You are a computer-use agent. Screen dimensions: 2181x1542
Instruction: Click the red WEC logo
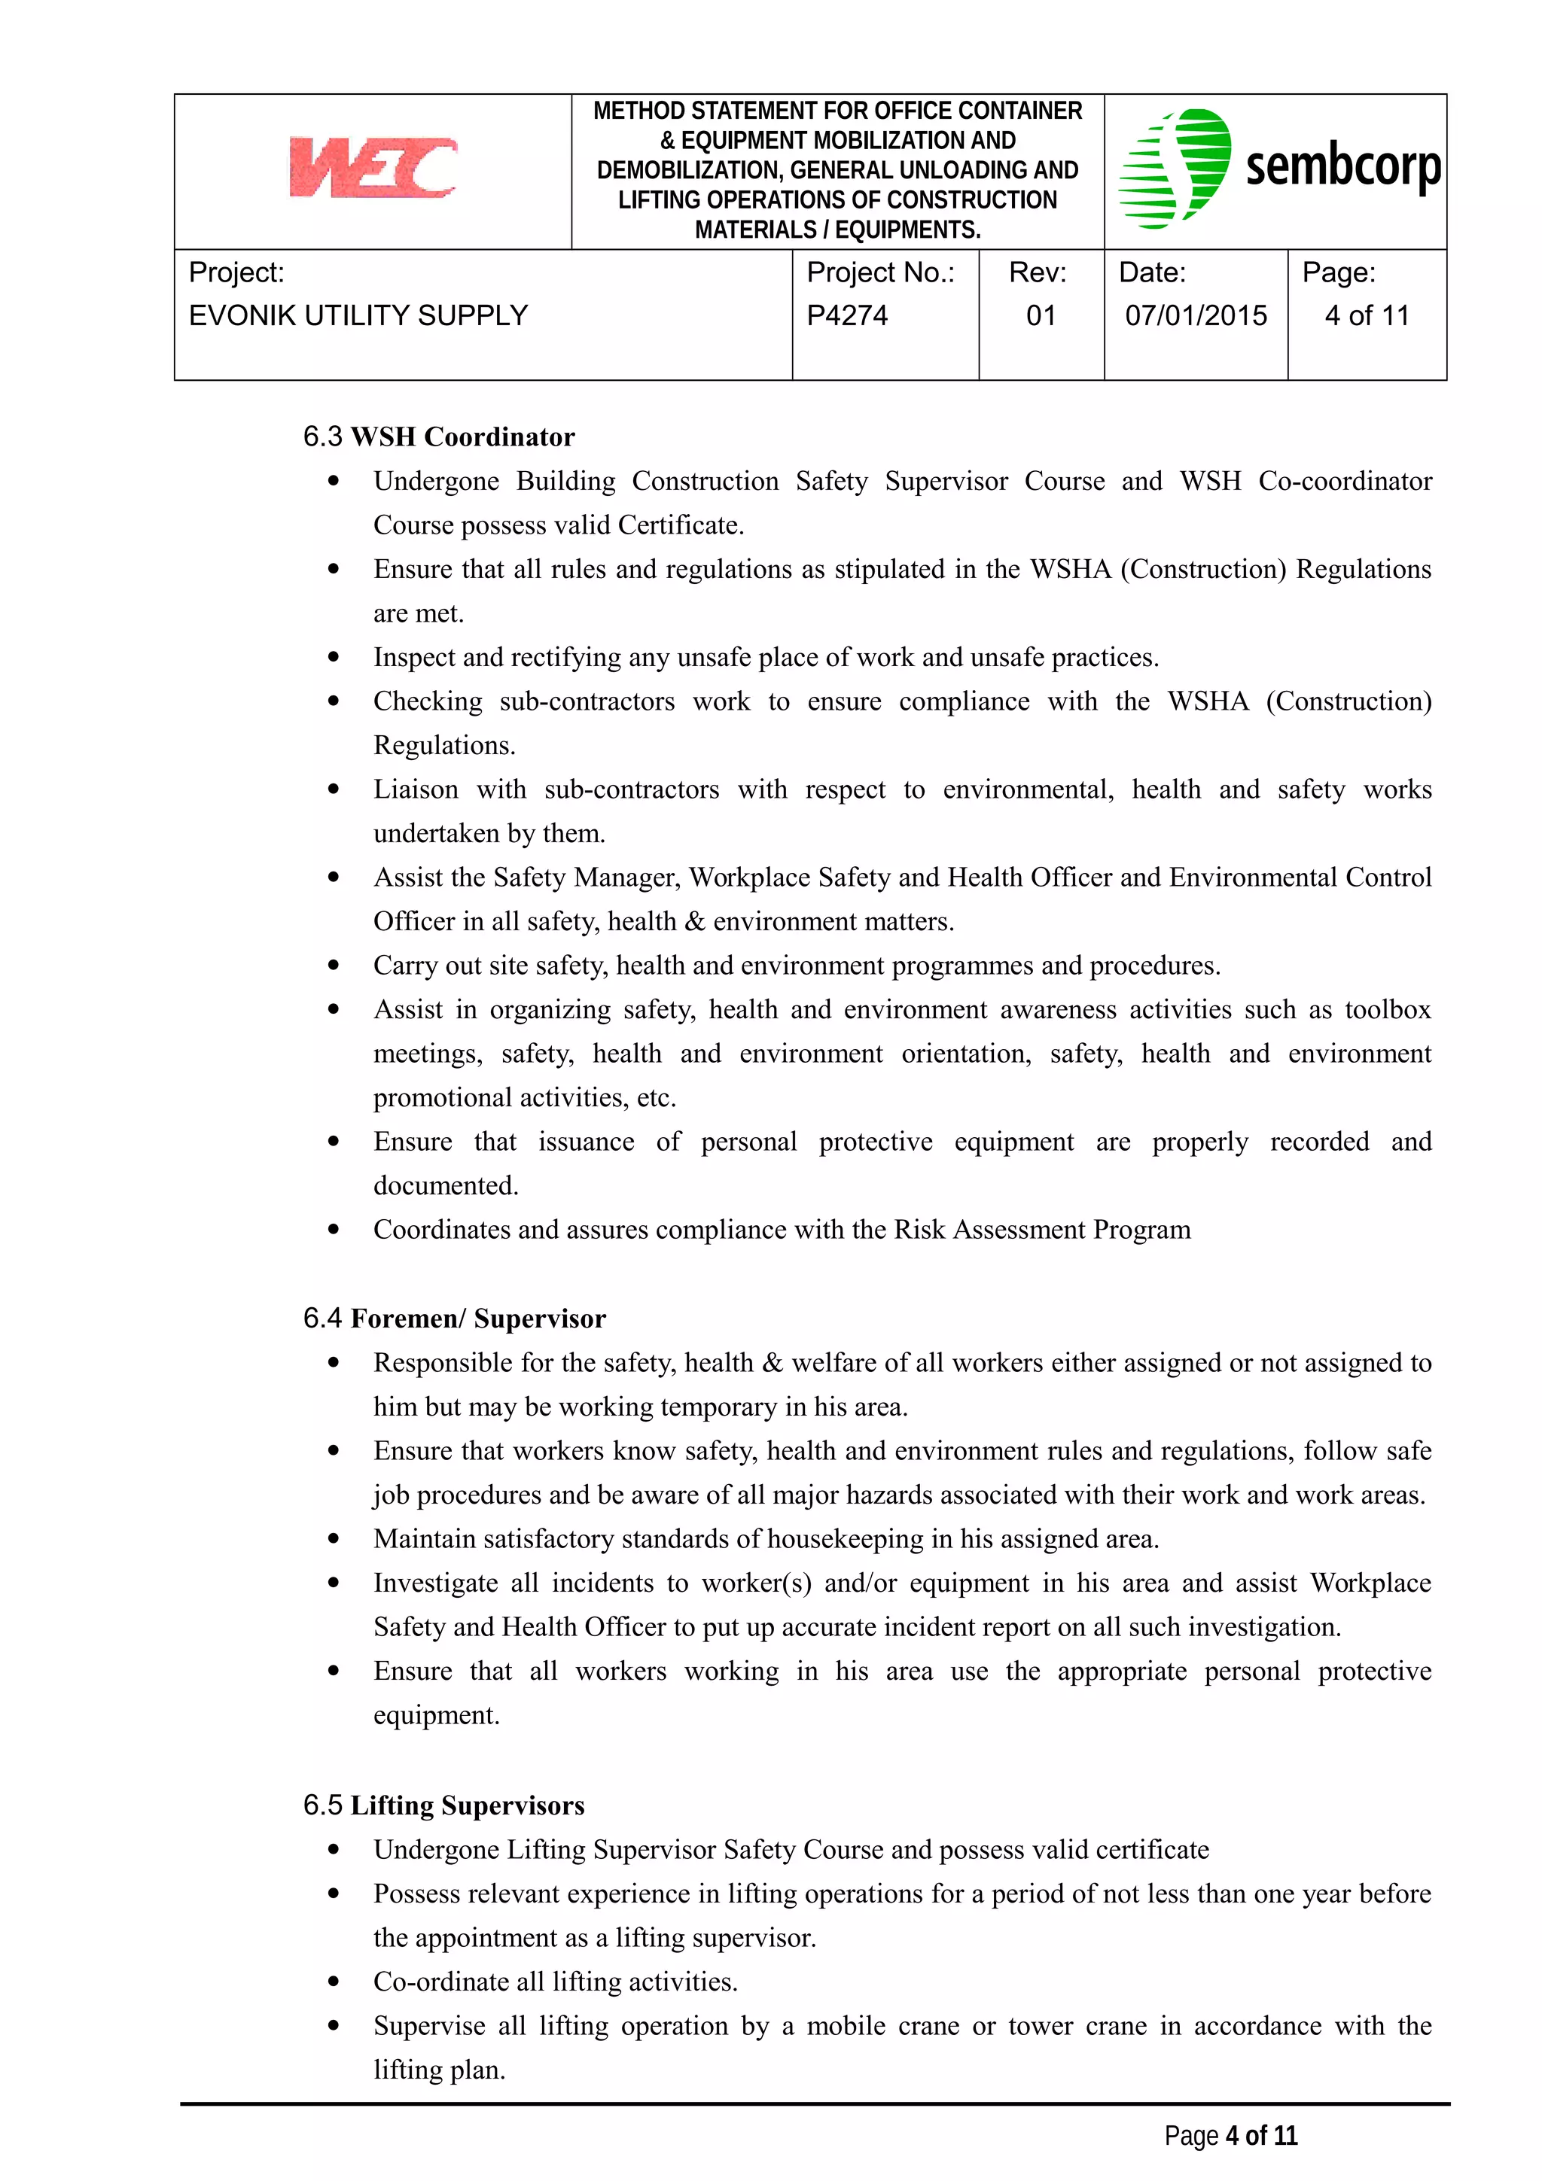pos(373,167)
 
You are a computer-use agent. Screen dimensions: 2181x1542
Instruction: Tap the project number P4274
pos(846,315)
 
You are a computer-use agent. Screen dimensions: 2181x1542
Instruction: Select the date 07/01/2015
pos(1195,315)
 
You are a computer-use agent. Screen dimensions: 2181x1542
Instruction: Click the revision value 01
pos(1041,315)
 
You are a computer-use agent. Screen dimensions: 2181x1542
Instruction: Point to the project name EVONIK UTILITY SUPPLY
pos(358,315)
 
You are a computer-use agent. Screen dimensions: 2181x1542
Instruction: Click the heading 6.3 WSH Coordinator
pos(439,437)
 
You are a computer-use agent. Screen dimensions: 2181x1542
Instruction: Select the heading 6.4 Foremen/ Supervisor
pos(454,1319)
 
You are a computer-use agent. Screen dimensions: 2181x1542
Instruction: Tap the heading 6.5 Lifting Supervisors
pos(443,1805)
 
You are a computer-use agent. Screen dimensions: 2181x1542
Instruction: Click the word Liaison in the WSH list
pos(415,789)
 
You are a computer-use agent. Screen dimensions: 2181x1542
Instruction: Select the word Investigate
pos(435,1583)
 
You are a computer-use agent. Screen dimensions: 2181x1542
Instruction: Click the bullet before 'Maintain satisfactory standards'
pos(334,1539)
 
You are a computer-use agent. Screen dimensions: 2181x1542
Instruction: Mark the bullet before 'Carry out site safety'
pos(334,965)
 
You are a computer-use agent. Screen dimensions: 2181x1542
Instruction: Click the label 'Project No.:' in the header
pos(879,272)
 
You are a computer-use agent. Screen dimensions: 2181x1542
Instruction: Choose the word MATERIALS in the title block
pos(754,230)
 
